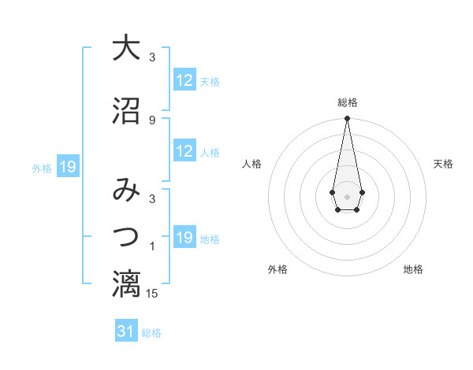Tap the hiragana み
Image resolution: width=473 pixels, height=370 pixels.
(x=125, y=191)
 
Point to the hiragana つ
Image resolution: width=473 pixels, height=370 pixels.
(x=125, y=236)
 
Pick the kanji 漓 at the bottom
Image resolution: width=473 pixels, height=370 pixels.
(x=125, y=283)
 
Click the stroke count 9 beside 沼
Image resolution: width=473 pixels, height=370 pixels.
(x=152, y=120)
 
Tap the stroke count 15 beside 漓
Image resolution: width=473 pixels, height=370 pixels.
(x=152, y=294)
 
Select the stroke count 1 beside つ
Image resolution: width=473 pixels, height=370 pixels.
(x=152, y=247)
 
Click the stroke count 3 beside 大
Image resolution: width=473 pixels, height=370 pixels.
(x=152, y=57)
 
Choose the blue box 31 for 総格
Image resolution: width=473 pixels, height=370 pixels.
(x=126, y=331)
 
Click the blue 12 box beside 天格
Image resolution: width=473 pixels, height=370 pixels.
(x=184, y=80)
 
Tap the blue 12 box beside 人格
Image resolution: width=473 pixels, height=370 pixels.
(x=184, y=151)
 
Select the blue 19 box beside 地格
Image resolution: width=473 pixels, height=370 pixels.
(x=184, y=238)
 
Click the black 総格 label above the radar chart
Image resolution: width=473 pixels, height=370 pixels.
(x=347, y=102)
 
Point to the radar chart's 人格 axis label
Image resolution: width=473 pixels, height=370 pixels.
(x=252, y=164)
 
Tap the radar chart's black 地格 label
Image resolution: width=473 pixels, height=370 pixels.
(x=413, y=269)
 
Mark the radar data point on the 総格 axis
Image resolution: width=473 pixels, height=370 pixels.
(x=347, y=119)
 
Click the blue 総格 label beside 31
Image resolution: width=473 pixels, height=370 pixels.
(x=151, y=333)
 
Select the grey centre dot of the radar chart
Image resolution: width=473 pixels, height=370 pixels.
(x=347, y=195)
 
